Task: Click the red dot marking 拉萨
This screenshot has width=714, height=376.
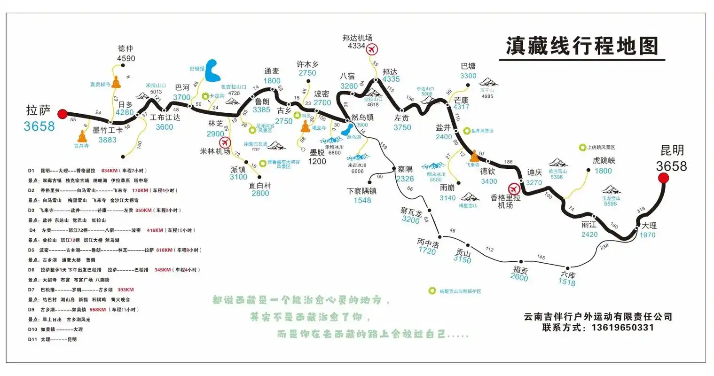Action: [x=62, y=113]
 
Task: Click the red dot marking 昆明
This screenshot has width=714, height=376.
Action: [x=663, y=178]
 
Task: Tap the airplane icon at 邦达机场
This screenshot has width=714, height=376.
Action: [x=372, y=48]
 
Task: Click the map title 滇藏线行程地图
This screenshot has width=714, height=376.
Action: [x=582, y=46]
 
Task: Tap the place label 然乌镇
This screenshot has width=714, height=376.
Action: [x=362, y=117]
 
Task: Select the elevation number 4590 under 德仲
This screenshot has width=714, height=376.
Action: [x=126, y=59]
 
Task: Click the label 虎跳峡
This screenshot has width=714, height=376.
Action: [x=604, y=160]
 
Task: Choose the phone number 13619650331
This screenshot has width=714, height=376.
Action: [x=622, y=328]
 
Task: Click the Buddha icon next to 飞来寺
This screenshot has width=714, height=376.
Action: [x=474, y=156]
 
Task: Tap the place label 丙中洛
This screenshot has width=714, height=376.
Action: [x=427, y=243]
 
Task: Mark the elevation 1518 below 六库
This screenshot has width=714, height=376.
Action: [x=567, y=282]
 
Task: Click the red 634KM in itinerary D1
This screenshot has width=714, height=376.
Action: [x=109, y=171]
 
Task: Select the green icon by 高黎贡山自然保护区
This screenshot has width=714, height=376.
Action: [x=432, y=291]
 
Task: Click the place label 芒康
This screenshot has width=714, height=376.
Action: [x=461, y=100]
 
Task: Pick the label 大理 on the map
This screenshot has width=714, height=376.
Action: [x=649, y=225]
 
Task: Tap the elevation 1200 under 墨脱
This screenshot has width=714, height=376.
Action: [x=317, y=161]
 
